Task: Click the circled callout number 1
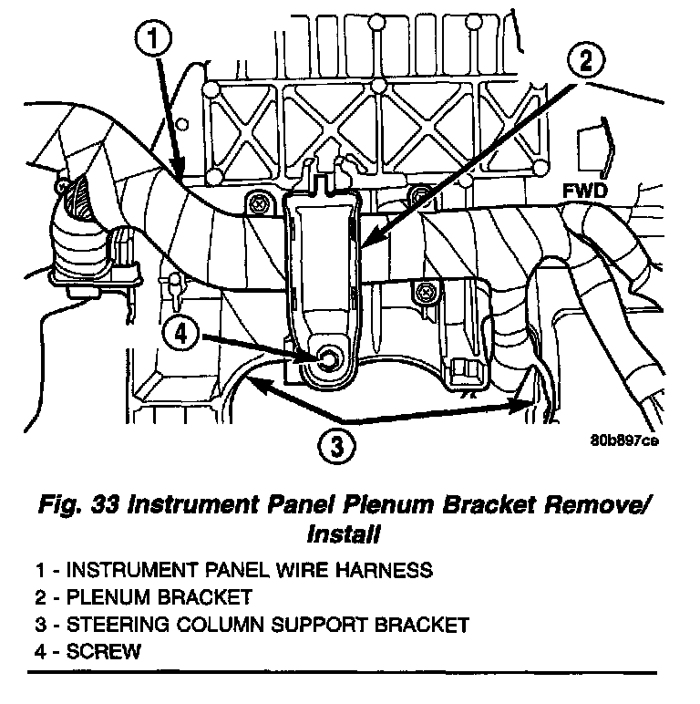153,39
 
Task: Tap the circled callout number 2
586,61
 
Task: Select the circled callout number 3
336,447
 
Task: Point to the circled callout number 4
180,334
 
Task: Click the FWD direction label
584,192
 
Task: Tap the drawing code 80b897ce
624,440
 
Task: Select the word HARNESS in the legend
384,570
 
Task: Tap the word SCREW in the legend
104,652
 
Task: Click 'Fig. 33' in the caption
79,505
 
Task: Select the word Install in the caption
344,534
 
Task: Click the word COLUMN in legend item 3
220,625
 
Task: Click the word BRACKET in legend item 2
204,597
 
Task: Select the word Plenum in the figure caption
389,504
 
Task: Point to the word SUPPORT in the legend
319,625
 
